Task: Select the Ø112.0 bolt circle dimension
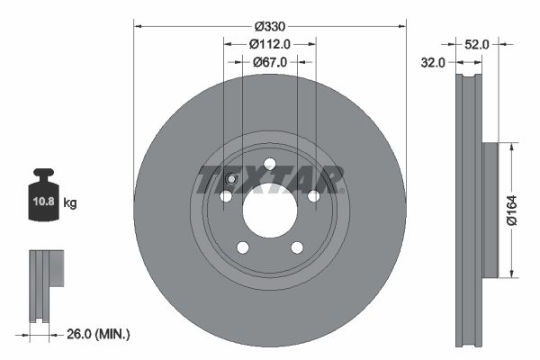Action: point(269,42)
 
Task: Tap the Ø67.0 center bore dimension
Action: point(269,62)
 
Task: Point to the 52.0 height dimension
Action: point(478,43)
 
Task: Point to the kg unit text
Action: point(71,203)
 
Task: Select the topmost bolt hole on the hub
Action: point(269,163)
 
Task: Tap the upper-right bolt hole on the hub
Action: point(313,195)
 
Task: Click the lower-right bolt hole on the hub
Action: point(296,247)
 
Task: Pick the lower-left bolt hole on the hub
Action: point(242,247)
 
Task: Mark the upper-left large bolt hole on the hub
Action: point(226,195)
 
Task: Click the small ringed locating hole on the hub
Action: point(231,178)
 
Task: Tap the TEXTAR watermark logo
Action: point(271,179)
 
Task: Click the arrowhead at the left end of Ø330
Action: point(138,25)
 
